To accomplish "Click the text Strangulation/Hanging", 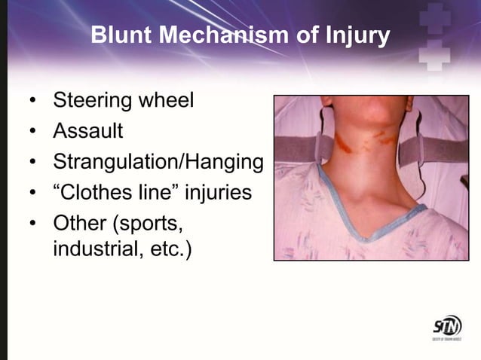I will point(158,162).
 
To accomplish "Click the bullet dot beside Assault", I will point(32,132).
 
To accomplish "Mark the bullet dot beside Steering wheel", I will point(32,101).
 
